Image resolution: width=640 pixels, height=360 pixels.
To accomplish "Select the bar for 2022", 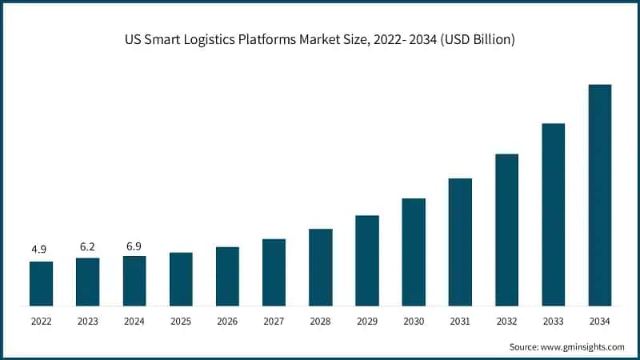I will click(41, 283).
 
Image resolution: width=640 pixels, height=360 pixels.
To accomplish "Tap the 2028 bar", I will click(321, 267).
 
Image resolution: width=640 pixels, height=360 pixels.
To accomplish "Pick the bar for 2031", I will click(460, 242).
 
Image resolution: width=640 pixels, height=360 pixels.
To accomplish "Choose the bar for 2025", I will click(181, 279).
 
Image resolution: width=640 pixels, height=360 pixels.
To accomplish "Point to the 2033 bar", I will click(554, 214).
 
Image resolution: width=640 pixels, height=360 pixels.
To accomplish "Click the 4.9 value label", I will click(39, 250).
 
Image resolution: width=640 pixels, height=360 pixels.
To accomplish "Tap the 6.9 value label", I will click(134, 245).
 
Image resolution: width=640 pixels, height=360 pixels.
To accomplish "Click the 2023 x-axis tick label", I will click(87, 321).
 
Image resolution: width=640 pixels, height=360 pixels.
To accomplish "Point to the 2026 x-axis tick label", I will click(227, 321).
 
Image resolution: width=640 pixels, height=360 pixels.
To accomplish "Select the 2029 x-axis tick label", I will click(367, 321).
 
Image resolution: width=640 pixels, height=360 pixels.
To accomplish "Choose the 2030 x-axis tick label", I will click(414, 321).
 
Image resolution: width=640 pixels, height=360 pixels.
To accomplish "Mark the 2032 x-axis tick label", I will click(506, 321).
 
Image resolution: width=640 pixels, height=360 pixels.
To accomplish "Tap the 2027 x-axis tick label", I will click(274, 321).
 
